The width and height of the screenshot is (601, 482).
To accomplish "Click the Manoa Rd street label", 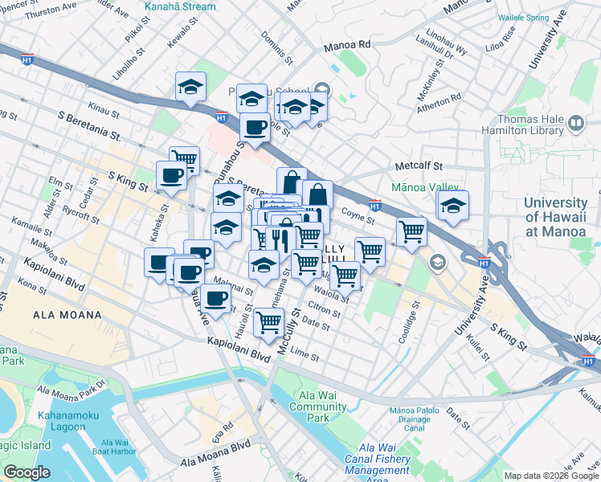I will click(x=347, y=46).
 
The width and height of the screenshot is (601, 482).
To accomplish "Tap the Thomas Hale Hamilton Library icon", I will click(x=575, y=123).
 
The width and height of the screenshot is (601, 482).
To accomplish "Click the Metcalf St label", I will click(x=419, y=166).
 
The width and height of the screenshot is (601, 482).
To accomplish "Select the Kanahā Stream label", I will click(x=180, y=6).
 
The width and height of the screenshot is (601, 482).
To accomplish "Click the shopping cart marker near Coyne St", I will click(x=411, y=231).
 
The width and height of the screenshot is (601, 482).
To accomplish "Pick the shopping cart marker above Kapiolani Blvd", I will click(x=268, y=322).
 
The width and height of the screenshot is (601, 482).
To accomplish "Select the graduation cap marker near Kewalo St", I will click(x=190, y=86).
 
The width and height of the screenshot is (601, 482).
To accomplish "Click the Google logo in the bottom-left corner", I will click(x=26, y=472).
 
